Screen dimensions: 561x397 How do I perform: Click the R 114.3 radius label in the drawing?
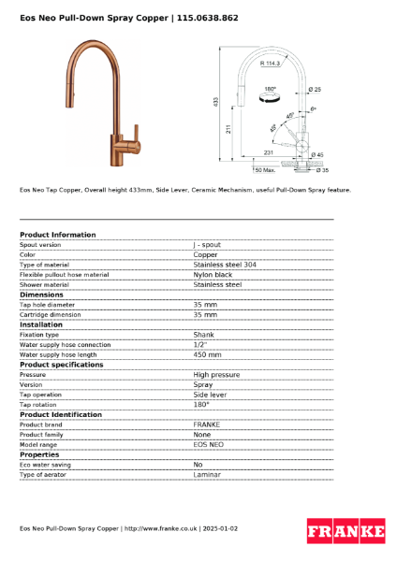coord(271,64)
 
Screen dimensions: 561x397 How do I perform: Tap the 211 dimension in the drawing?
coord(228,131)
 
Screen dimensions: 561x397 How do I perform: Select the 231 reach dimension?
coord(269,152)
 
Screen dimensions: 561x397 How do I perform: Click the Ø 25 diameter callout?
coord(315,89)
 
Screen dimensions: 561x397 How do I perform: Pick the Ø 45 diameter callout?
coord(317,155)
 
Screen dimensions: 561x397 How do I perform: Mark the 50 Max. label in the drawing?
coord(265,170)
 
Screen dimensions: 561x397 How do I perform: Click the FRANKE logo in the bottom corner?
coord(346,532)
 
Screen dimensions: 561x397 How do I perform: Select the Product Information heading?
coord(57,235)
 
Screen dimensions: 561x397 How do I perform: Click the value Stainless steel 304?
coord(225,265)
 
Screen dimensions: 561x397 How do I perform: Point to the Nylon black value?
coord(213,275)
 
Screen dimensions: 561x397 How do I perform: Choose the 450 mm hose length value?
coord(207,354)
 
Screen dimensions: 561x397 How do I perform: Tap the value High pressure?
coord(216,375)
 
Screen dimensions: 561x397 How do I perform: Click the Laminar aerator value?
coord(207,474)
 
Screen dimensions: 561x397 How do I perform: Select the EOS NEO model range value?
coord(208,444)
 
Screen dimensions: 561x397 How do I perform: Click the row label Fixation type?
coord(39,335)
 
